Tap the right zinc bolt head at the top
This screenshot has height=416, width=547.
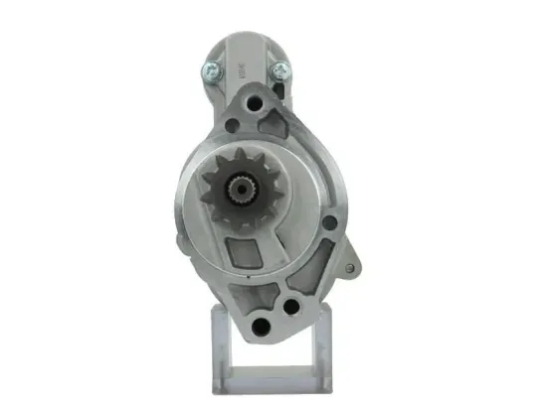(280, 69)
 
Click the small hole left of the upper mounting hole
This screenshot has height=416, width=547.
(232, 124)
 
